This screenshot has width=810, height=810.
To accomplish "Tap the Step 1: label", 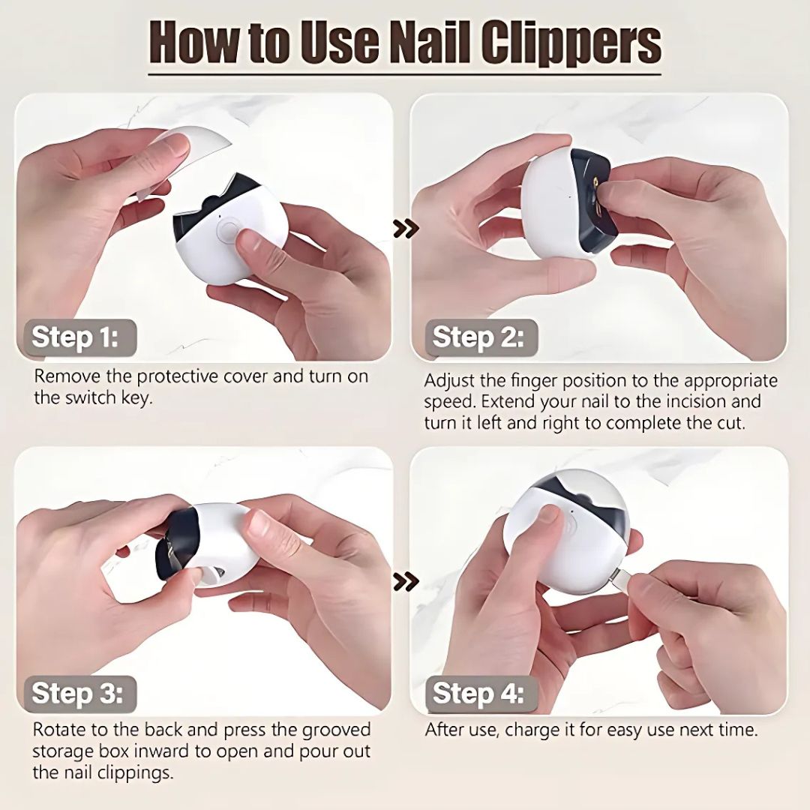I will (x=75, y=337).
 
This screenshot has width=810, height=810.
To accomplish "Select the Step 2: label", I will (x=478, y=337).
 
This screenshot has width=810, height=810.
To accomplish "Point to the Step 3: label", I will (x=75, y=694).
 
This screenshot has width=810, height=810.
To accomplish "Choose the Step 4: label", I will (x=478, y=694).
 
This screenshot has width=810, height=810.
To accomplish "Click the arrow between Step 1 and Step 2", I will (x=406, y=229).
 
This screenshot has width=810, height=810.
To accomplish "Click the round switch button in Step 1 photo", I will (x=226, y=229).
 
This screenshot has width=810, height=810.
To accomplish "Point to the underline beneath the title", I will (x=405, y=73).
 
